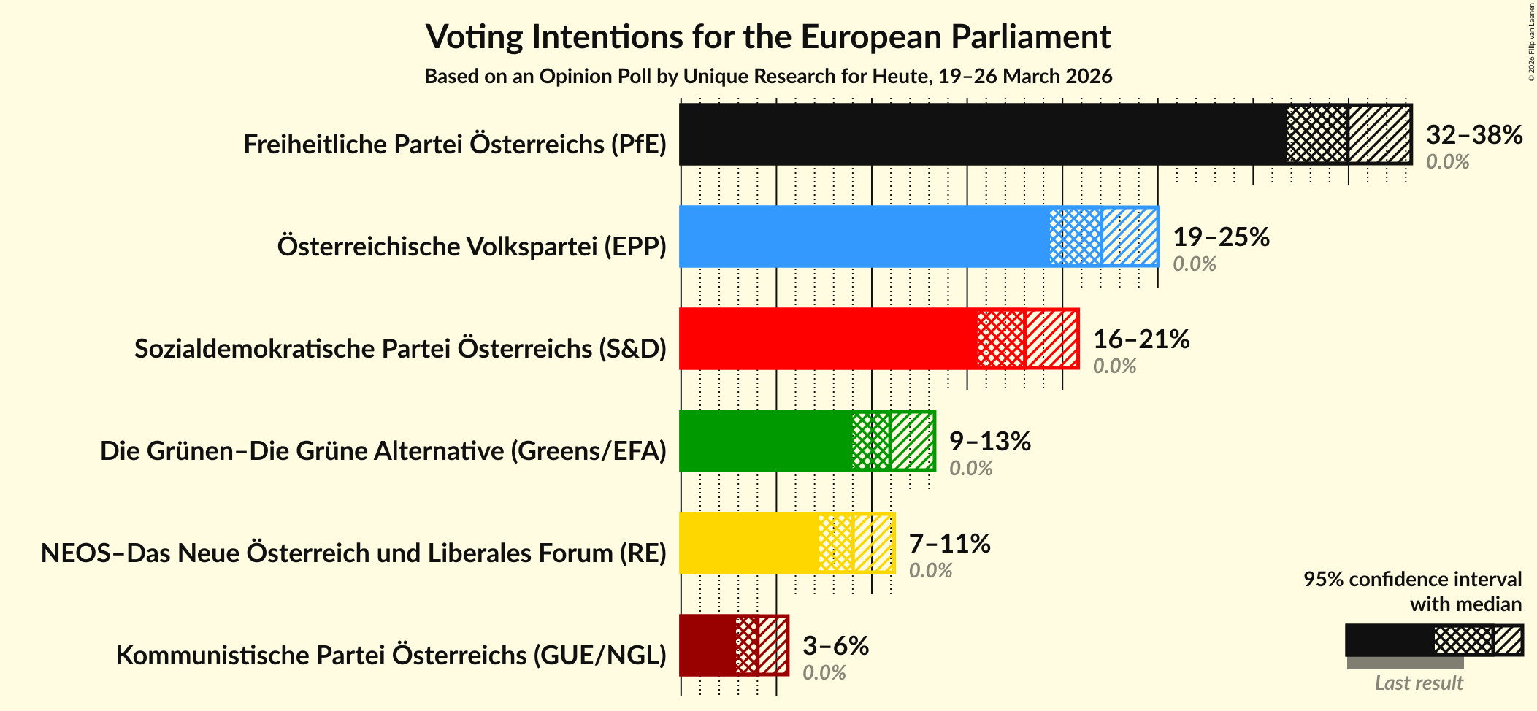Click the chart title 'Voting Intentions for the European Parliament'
click(x=768, y=36)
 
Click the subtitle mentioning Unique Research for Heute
click(x=768, y=77)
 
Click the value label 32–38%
click(x=1473, y=135)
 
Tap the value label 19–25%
click(x=1221, y=237)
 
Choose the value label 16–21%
click(x=1141, y=339)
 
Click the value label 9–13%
click(x=989, y=442)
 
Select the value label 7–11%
click(x=949, y=544)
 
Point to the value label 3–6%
click(x=835, y=646)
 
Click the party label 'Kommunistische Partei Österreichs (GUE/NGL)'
click(x=391, y=656)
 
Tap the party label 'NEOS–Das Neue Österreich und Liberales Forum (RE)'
click(x=353, y=553)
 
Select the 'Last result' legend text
click(x=1419, y=683)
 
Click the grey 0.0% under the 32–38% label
click(x=1447, y=161)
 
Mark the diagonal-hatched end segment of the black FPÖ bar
click(x=1379, y=134)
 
